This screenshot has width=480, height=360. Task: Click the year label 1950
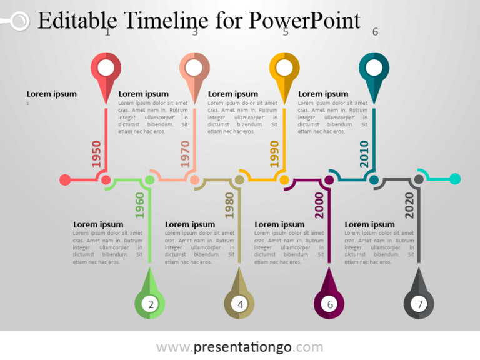(96, 154)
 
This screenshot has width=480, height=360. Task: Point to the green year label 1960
(140, 205)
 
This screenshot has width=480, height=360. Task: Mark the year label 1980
(229, 205)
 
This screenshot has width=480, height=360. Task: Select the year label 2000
(319, 205)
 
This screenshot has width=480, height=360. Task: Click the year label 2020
(409, 205)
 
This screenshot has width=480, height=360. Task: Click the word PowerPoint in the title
(304, 21)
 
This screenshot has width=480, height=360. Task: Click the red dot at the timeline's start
(65, 180)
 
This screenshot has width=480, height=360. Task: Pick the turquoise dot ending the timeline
(455, 179)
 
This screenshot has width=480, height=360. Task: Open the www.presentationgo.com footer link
(239, 347)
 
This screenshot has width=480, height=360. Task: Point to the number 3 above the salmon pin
(195, 32)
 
